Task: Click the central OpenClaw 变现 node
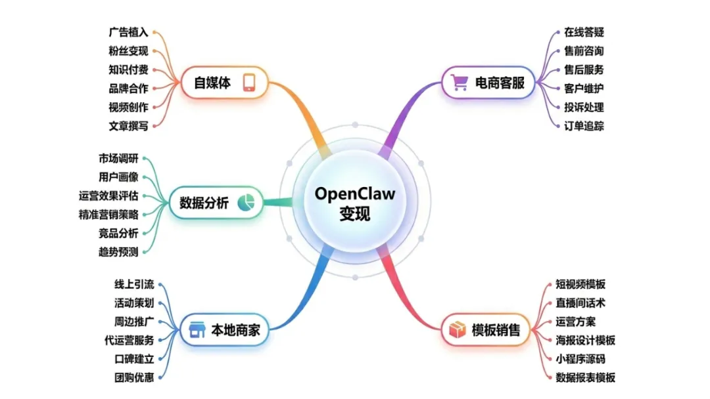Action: tap(355, 203)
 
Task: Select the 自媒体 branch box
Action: tap(224, 83)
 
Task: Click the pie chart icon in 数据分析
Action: tap(246, 203)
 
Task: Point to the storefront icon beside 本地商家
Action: tap(196, 330)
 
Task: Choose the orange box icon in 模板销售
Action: tap(458, 330)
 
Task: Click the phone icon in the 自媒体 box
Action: tap(249, 83)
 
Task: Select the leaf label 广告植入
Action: tap(128, 31)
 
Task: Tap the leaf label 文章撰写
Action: tap(128, 126)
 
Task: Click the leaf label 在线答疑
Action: tap(584, 31)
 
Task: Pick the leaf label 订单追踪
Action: tap(584, 126)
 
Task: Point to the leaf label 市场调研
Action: tap(118, 158)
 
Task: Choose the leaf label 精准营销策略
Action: tap(108, 214)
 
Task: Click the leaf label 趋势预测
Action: tap(118, 252)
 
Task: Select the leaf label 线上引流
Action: tap(133, 284)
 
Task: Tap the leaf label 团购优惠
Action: tap(133, 377)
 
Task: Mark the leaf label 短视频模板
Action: tap(580, 284)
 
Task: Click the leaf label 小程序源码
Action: tap(580, 358)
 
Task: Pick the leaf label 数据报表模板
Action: tap(585, 377)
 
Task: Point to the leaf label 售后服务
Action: tap(584, 70)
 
